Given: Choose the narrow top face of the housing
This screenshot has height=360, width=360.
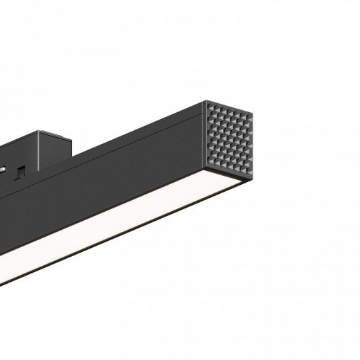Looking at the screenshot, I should (x=138, y=134).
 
